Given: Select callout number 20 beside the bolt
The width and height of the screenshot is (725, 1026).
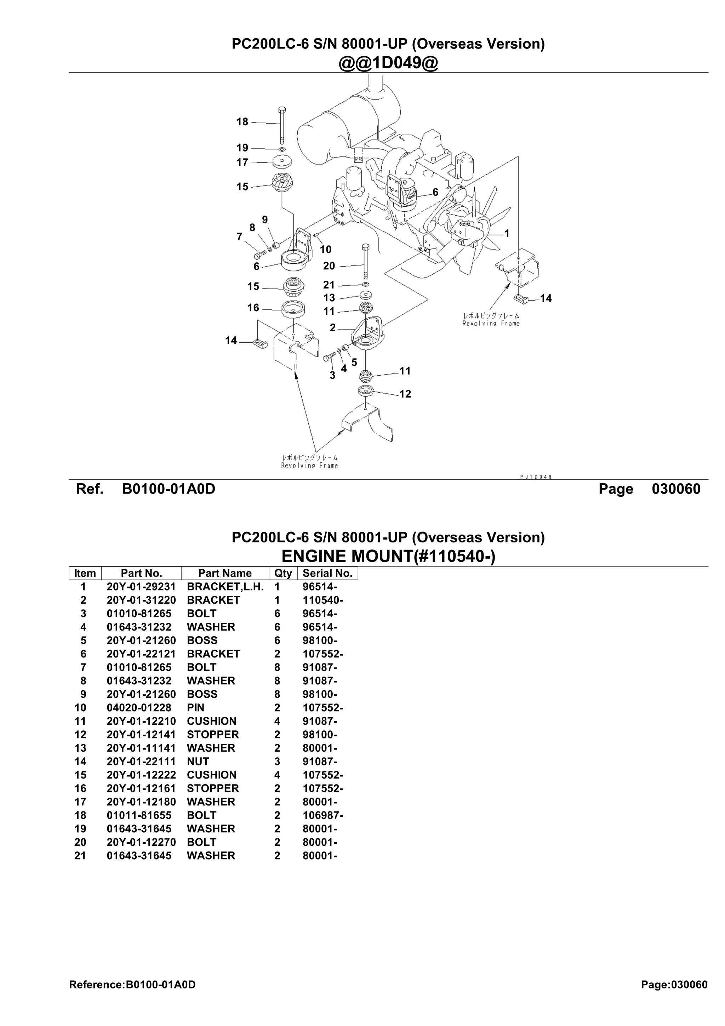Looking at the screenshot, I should tap(329, 266).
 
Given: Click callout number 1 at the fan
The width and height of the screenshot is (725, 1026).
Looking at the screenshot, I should tap(507, 233).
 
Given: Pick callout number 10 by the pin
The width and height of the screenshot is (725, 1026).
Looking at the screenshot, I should tap(326, 249).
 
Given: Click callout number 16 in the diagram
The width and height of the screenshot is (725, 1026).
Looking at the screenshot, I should tap(253, 308).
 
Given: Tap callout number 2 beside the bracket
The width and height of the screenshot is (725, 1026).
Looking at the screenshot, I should tap(332, 327).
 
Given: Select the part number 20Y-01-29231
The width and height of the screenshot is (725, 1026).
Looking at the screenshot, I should tap(141, 587).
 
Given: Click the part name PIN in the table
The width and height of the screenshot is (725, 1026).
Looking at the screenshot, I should tap(196, 707).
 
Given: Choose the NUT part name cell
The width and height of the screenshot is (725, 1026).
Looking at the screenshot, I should tap(198, 761).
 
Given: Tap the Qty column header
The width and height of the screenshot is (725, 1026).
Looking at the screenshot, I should tap(283, 573).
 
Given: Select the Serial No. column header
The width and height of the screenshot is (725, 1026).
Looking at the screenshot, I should tap(327, 573).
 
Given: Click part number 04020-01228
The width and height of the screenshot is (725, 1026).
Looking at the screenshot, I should tap(139, 707).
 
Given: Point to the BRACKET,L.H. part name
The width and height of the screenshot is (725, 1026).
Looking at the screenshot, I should tap(225, 587).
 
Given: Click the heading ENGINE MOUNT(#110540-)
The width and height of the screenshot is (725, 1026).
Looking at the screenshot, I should tap(388, 556).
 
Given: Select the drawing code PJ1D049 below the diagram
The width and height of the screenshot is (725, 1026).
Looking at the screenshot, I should tap(536, 477).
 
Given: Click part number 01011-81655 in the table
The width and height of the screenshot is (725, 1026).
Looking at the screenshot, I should tap(139, 815).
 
